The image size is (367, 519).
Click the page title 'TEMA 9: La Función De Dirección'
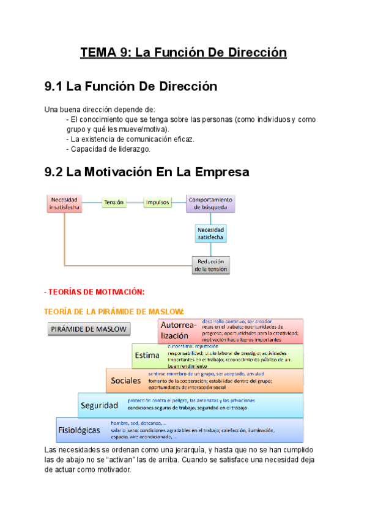coord(183,53)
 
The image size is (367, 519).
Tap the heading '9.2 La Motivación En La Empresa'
coord(147,172)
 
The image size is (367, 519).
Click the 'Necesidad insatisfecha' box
coord(64,203)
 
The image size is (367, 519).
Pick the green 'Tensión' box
coord(114,202)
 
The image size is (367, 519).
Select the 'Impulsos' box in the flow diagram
coord(157,202)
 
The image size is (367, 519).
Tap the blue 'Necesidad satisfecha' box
coord(210,233)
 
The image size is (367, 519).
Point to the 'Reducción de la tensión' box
coord(210,265)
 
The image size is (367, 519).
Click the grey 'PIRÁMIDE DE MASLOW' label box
coord(89,329)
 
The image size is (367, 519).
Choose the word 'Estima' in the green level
coord(147,355)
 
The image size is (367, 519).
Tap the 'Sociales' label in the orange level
coord(126,380)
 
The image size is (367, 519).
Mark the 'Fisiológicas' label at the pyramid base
coord(80,430)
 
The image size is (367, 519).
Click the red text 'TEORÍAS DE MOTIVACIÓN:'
coord(95,292)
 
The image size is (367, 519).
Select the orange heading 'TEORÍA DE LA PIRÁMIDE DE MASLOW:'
coord(114,311)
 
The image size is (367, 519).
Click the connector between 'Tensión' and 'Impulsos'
coord(135,202)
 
